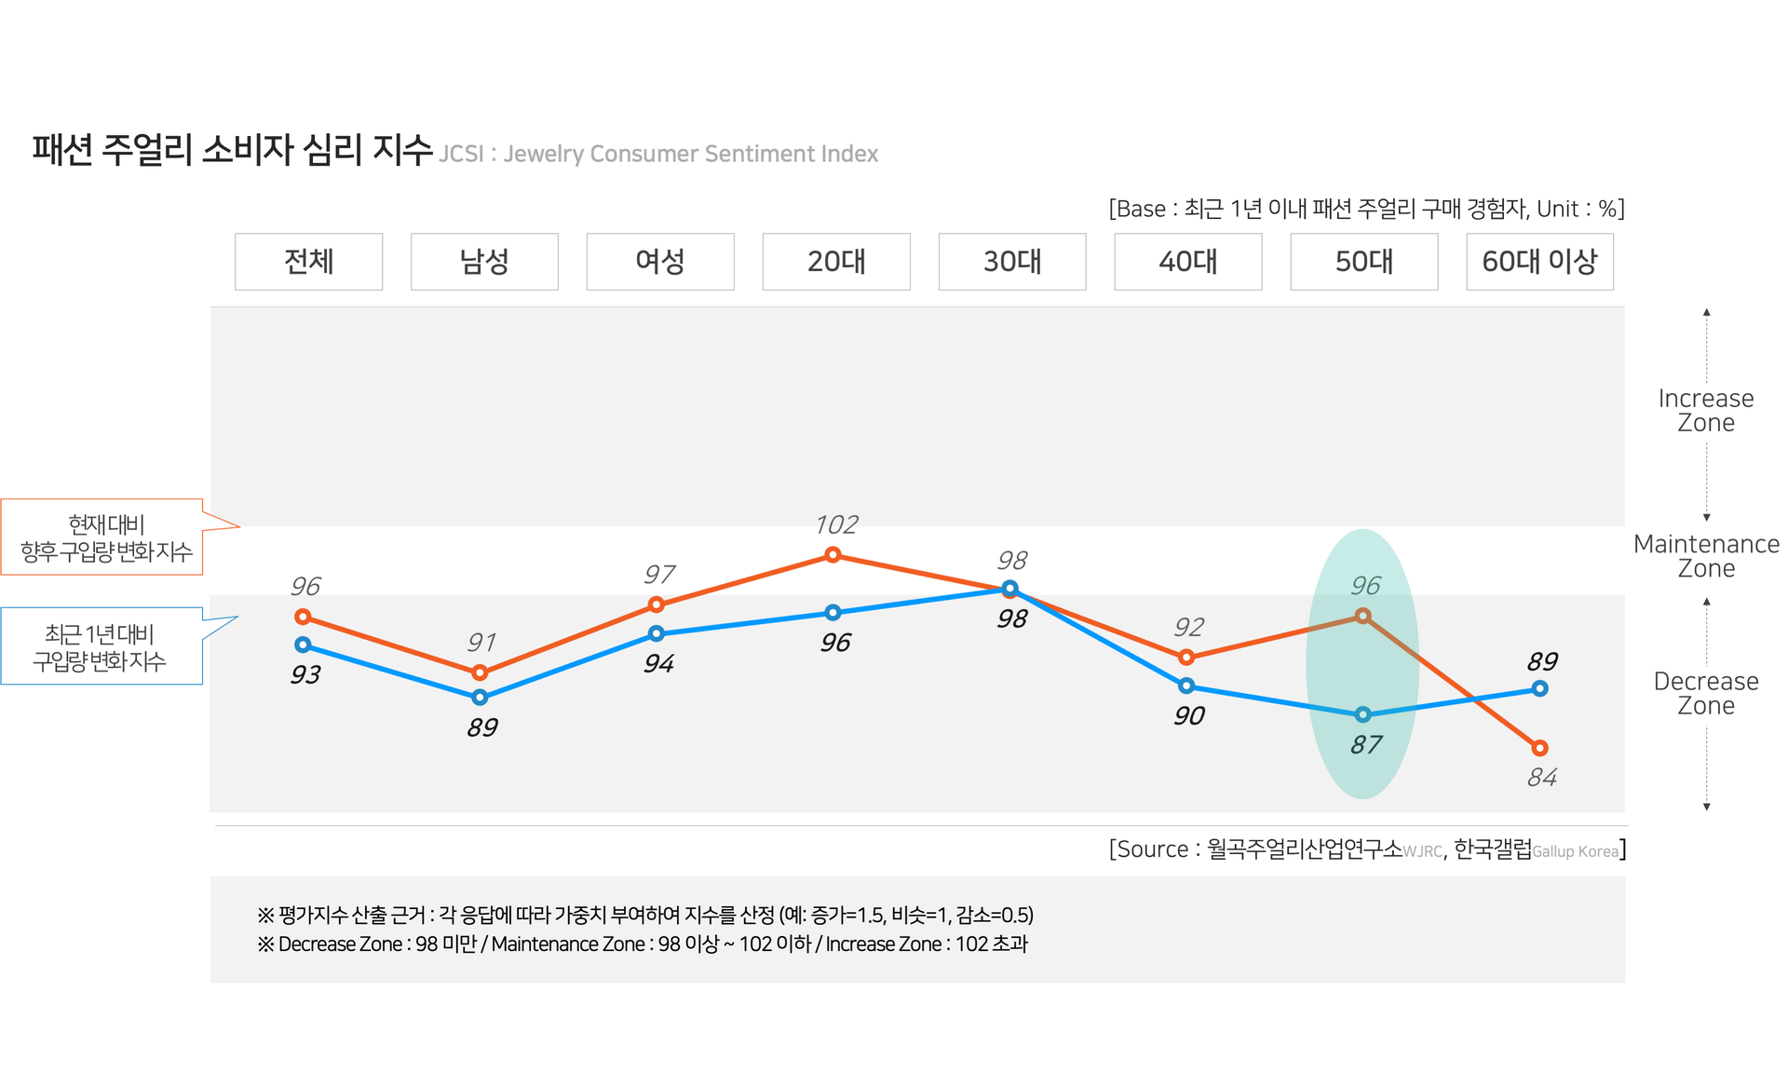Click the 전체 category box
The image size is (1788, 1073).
tap(308, 262)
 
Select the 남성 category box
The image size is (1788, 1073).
tap(484, 262)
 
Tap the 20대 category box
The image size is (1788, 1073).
tap(836, 262)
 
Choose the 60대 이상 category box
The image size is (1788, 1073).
tap(1539, 262)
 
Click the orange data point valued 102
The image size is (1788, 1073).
tap(833, 555)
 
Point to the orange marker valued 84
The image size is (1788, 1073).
tap(1539, 748)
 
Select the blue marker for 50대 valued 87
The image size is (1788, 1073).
tap(1363, 714)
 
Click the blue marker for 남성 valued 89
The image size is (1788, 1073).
tap(480, 697)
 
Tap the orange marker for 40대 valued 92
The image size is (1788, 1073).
tap(1186, 658)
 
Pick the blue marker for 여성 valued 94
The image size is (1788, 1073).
tap(657, 633)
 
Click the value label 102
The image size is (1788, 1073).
tap(836, 524)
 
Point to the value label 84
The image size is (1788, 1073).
tap(1542, 777)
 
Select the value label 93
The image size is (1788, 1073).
tap(305, 674)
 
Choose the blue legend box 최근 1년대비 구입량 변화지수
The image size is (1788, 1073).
tap(102, 646)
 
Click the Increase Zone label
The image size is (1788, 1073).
tap(1706, 411)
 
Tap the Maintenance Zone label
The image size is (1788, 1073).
tap(1706, 556)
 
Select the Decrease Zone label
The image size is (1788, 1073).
tap(1706, 693)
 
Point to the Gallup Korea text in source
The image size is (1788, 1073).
tap(1575, 851)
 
